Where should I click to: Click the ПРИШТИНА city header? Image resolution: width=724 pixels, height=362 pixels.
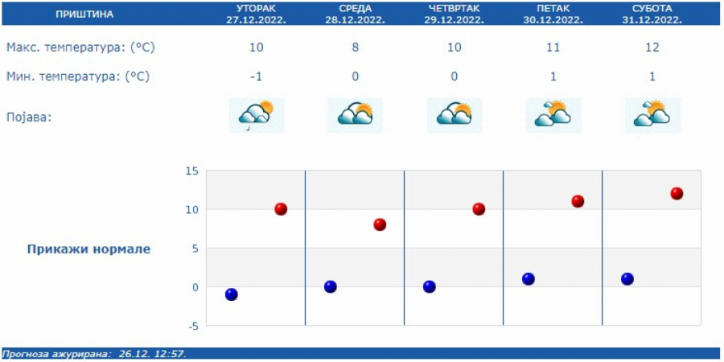[x=84, y=14]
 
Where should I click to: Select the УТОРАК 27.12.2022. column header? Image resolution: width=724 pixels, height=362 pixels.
[x=256, y=14]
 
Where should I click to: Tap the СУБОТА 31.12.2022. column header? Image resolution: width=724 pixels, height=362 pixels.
[x=652, y=14]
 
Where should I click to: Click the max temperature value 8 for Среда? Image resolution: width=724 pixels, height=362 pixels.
[x=356, y=47]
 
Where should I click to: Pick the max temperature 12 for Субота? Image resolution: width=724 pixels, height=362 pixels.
[x=652, y=47]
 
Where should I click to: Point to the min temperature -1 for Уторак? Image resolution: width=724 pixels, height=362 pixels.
[x=256, y=76]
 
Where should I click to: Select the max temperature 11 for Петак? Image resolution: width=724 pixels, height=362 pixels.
[x=553, y=47]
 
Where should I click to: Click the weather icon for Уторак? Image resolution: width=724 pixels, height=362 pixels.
[x=257, y=115]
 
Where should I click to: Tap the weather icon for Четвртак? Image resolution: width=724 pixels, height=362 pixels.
[x=455, y=115]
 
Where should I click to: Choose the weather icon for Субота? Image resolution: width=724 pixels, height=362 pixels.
[x=652, y=115]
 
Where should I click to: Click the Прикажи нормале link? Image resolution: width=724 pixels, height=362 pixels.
[x=88, y=249]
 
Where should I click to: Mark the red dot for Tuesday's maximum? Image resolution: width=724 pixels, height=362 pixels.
[x=281, y=209]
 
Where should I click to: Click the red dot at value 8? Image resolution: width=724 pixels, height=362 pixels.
[x=380, y=224]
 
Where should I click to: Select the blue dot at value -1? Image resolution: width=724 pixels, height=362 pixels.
[x=232, y=294]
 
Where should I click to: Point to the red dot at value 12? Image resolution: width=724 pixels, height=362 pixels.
[x=677, y=194]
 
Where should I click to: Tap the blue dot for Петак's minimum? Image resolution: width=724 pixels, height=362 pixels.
[x=529, y=279]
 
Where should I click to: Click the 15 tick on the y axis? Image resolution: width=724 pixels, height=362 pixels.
[x=191, y=171]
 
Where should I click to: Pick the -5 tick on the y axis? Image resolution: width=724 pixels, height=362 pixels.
[x=191, y=326]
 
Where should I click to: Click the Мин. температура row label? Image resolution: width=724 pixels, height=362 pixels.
[x=78, y=76]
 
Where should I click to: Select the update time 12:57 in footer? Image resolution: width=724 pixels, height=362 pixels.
[x=171, y=354]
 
